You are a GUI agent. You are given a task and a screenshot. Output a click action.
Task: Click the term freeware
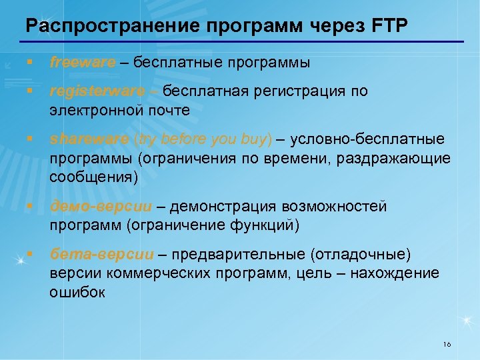(83, 63)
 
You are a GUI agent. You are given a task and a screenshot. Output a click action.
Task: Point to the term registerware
(97, 91)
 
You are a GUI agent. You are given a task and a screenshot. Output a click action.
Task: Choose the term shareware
(89, 139)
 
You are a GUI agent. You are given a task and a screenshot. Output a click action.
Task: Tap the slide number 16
(447, 344)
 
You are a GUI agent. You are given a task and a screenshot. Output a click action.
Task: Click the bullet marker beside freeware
(30, 63)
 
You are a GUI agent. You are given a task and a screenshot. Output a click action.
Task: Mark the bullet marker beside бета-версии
(30, 254)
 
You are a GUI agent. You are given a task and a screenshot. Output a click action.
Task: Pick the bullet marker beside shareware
(30, 139)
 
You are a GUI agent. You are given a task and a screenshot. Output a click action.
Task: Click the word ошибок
(77, 293)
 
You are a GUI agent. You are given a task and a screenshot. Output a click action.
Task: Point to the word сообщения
(91, 177)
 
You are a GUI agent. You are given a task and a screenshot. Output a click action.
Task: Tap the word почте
(168, 110)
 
